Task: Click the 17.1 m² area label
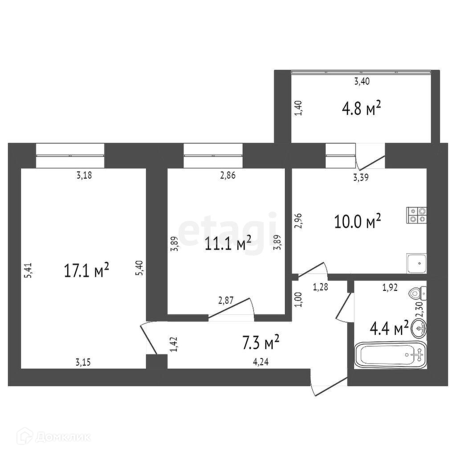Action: click(x=87, y=271)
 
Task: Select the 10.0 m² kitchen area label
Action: click(x=358, y=220)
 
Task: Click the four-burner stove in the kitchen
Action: click(x=416, y=215)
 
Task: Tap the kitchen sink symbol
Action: click(x=417, y=263)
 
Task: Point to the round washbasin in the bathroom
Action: click(x=419, y=329)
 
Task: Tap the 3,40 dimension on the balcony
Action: click(x=362, y=81)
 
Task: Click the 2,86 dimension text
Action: click(x=227, y=175)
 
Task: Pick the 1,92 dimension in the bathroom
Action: click(x=390, y=287)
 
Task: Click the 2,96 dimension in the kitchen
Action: click(x=299, y=221)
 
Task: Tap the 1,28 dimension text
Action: click(x=321, y=287)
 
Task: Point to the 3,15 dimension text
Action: click(x=83, y=362)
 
